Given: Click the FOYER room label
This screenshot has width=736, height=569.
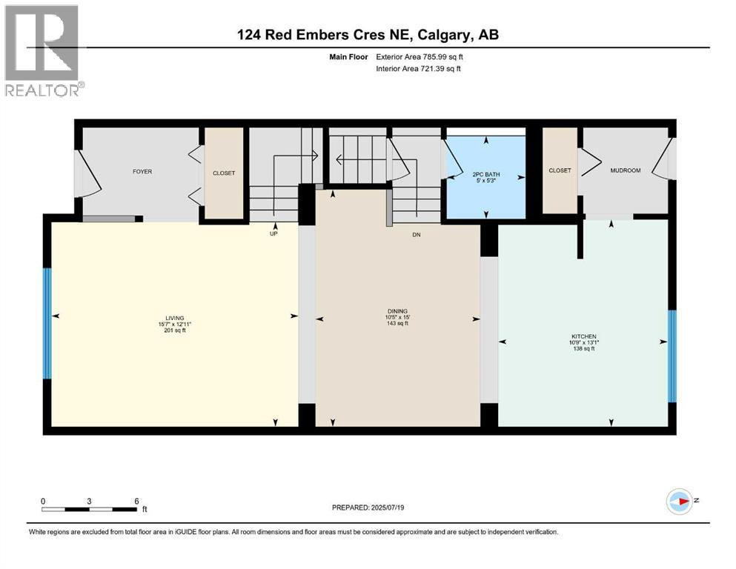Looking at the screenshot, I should tap(142, 172).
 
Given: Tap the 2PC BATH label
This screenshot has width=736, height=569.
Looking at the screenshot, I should tap(486, 171).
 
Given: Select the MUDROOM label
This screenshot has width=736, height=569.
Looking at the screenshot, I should tap(625, 170).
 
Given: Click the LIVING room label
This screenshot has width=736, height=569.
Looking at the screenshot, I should tap(175, 317).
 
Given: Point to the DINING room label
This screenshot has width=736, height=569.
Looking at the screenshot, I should tap(397, 311).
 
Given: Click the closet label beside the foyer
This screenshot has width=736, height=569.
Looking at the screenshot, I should tap(224, 173).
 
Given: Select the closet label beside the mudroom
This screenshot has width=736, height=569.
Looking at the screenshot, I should tap(560, 170).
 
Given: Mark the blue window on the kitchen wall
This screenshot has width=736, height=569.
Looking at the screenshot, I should tap(672, 356).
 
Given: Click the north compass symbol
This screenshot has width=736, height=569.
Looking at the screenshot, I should tap(680, 502).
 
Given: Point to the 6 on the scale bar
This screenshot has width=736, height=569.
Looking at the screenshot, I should tap(137, 500).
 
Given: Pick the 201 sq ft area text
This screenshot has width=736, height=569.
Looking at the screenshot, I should tap(175, 330).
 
